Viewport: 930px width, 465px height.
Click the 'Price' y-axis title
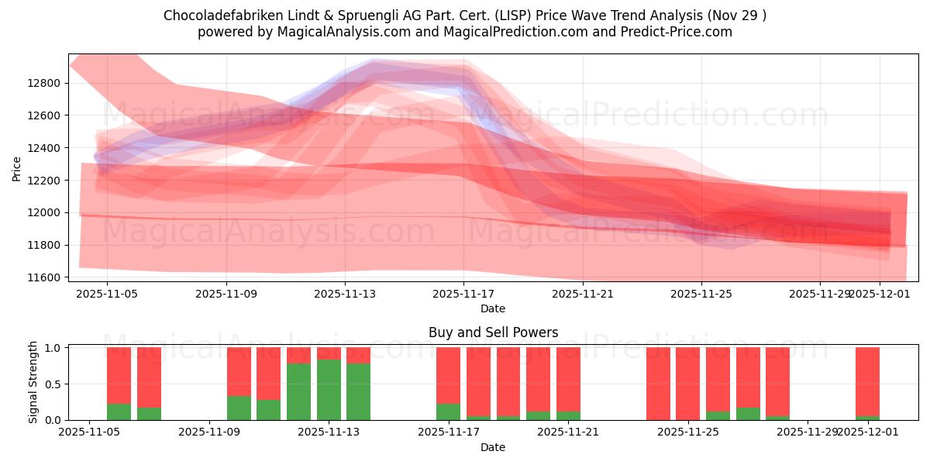tap(17, 167)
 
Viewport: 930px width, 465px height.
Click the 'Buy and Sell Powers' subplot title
tap(493, 332)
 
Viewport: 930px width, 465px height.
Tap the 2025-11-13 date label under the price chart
tap(345, 294)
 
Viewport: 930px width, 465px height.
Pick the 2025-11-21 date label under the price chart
tap(583, 294)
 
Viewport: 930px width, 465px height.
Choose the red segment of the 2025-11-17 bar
tap(448, 375)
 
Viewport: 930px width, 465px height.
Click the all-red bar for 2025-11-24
tap(658, 384)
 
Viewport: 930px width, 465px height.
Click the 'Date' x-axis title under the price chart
tap(493, 308)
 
